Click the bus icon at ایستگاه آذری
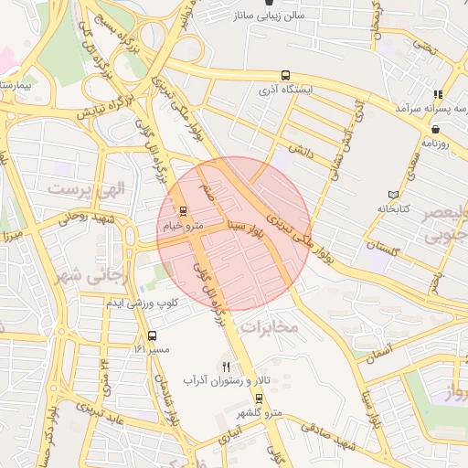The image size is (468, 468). click(286, 76)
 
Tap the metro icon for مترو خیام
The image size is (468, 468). click(182, 211)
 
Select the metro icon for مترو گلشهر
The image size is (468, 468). click(259, 398)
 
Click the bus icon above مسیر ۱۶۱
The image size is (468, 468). click(152, 335)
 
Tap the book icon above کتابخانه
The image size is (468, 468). click(394, 195)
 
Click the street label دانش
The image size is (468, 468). click(302, 148)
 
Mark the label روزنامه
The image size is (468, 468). click(437, 144)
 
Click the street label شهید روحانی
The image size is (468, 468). click(83, 218)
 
